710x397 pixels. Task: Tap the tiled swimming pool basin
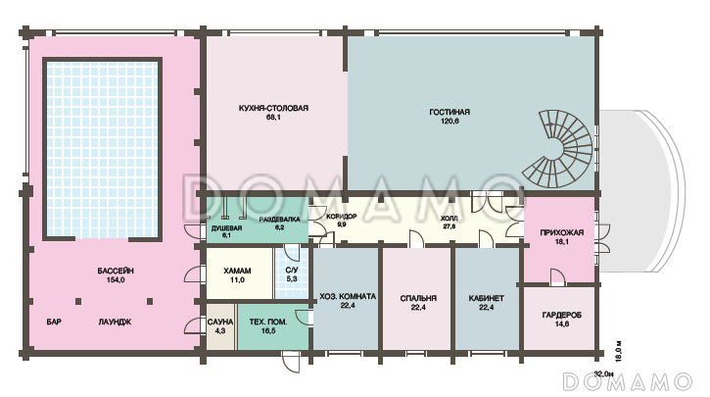(x=102, y=149)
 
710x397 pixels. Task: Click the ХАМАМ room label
(x=237, y=271)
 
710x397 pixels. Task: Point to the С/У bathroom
(x=292, y=272)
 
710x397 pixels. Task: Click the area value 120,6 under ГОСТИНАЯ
(x=450, y=121)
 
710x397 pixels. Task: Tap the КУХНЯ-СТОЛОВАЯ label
(x=273, y=108)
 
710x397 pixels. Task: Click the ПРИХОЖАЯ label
(x=561, y=232)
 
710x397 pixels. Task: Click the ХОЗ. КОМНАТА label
(x=348, y=296)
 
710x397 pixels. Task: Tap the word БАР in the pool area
(x=54, y=323)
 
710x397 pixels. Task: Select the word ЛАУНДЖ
(x=115, y=323)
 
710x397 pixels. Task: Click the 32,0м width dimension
(x=603, y=373)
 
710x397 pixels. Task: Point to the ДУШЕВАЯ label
(x=226, y=228)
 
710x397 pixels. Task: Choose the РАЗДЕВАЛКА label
(x=279, y=220)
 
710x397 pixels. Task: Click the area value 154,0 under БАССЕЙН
(x=116, y=280)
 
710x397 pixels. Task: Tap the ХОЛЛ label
(x=450, y=219)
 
